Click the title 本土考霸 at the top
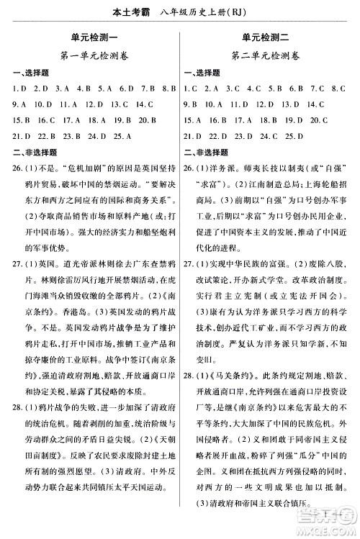coord(119,10)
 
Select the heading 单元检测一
coord(90,37)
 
